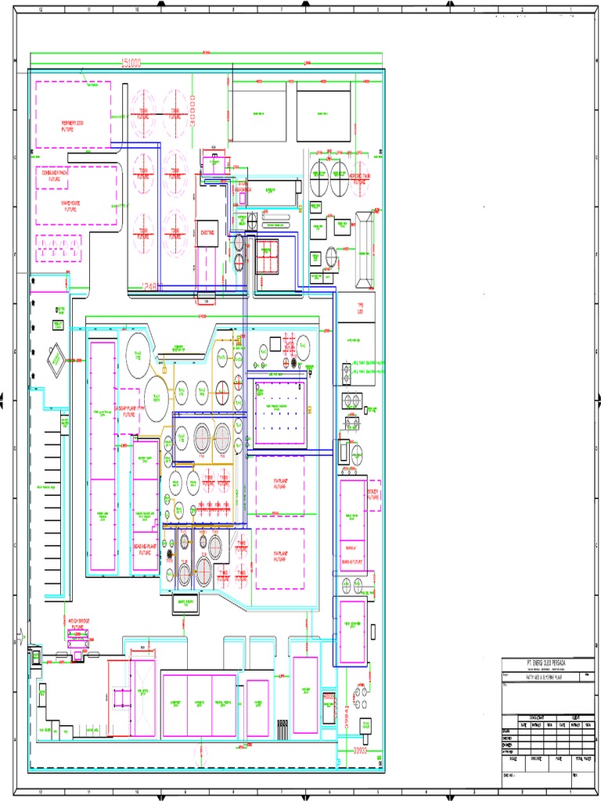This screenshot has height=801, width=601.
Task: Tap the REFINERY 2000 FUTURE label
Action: (71, 124)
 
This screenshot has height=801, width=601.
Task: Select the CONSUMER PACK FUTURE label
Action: (56, 176)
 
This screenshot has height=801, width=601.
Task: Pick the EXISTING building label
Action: (207, 232)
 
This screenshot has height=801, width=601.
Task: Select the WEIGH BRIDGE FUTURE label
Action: (79, 623)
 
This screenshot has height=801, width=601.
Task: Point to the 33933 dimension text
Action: (359, 750)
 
